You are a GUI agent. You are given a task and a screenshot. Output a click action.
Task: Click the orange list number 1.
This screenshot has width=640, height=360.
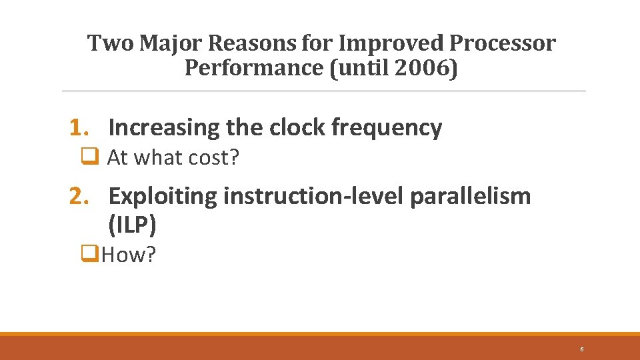point(80,127)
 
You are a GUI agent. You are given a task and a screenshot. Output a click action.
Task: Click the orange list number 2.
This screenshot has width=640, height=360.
point(80,196)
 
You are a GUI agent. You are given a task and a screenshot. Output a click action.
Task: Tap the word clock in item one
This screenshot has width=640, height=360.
point(298,127)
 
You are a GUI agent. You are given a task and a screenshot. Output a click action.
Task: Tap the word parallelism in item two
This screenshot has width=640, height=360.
point(471,196)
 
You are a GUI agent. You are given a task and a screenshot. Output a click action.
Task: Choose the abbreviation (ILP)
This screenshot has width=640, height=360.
point(132,225)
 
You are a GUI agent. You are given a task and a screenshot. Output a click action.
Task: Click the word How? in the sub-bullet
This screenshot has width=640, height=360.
point(129,255)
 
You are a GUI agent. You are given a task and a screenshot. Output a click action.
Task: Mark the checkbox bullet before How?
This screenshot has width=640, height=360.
point(87,254)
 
